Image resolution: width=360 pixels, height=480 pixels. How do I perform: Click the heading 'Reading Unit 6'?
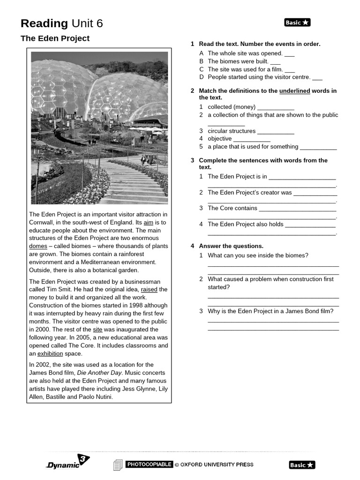[x=61, y=23]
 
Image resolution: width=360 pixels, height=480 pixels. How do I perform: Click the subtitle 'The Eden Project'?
[x=55, y=38]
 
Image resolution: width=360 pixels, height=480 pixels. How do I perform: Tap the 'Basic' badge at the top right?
[x=297, y=22]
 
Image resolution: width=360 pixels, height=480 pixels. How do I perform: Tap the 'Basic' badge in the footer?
[x=302, y=465]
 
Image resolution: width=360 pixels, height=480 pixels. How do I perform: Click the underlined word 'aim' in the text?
[x=148, y=223]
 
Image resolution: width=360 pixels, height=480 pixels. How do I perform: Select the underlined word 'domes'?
[x=38, y=246]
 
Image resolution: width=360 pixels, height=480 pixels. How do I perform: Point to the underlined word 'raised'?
[x=149, y=290]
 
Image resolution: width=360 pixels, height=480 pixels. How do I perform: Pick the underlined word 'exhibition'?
[x=50, y=354]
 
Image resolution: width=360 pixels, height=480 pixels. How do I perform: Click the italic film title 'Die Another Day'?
[x=99, y=373]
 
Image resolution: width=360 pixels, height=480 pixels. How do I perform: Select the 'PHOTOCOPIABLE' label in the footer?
[x=149, y=465]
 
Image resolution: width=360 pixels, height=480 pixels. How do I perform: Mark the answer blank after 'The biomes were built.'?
[x=275, y=62]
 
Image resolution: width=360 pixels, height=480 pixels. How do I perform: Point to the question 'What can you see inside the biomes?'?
[x=258, y=255]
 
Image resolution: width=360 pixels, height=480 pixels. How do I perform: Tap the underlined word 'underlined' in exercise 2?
[x=294, y=91]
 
